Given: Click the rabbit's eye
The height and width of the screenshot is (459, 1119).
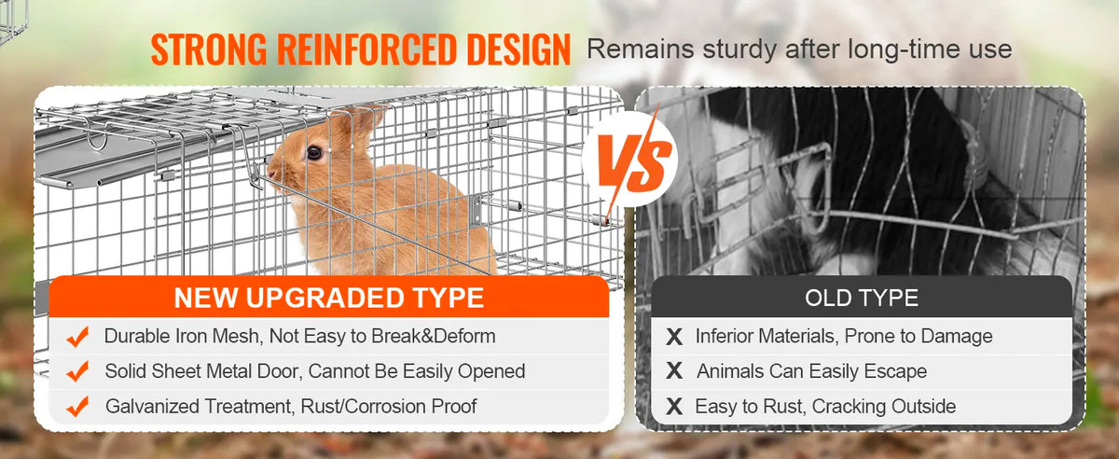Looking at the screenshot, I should click(314, 152).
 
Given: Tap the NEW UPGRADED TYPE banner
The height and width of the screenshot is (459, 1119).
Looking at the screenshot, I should click(328, 298).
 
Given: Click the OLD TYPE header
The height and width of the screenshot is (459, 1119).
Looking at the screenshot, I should click(861, 298).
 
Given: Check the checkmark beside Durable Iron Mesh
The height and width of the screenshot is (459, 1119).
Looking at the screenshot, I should click(78, 336).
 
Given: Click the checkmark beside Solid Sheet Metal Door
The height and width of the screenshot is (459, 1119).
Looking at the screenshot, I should click(78, 371).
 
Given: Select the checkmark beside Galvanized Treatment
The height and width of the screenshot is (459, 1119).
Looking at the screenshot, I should click(78, 406).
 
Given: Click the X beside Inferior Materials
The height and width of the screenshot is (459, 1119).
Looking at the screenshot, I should click(674, 337).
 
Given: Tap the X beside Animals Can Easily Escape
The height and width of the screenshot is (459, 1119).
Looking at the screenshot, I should click(674, 371).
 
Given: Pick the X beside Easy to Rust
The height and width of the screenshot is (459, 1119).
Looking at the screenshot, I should click(674, 407).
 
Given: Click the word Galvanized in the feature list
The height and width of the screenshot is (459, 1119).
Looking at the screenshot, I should click(152, 407).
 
